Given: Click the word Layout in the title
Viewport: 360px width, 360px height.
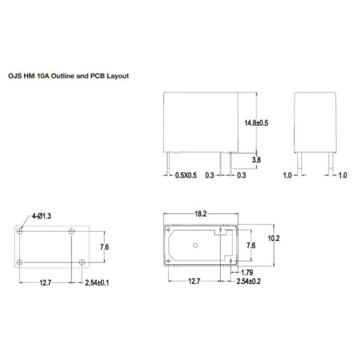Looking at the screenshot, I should click(118, 76).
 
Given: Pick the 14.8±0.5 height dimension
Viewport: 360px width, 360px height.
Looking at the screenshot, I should click(256, 122).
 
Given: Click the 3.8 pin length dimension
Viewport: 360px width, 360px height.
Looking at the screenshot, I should click(256, 160).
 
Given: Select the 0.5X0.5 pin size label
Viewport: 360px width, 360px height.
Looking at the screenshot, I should click(185, 176).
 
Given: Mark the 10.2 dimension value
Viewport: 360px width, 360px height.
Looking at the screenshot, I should click(274, 239).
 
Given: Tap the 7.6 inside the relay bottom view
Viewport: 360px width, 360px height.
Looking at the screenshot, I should click(252, 245).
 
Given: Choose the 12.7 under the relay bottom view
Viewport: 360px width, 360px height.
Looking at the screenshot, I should click(195, 281).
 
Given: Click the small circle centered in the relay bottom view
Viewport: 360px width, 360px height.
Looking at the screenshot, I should click(195, 245).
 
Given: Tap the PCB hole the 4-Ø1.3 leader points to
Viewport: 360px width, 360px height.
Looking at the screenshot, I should click(21, 230).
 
